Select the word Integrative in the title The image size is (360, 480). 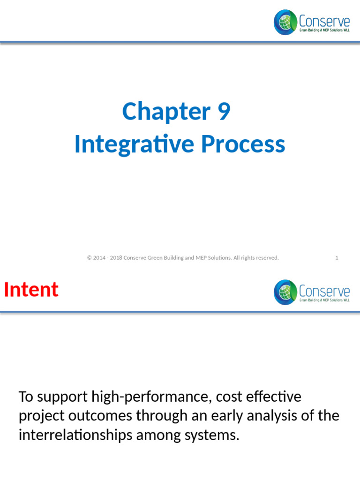pos(133,144)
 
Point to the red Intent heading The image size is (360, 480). pos(31,290)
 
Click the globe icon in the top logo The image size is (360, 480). pos(285,22)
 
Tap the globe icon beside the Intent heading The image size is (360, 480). pos(285,292)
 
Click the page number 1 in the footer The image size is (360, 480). pos(337,258)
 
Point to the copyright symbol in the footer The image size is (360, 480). pos(89,258)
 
